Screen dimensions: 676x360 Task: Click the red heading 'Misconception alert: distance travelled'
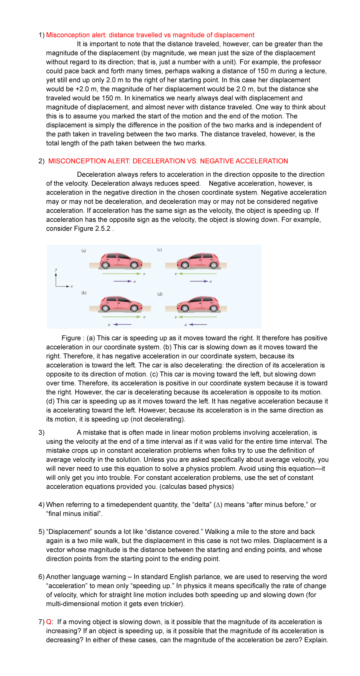(x=150, y=35)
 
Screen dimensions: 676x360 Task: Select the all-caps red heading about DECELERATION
(x=168, y=161)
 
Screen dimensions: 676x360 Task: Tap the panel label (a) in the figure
(x=84, y=251)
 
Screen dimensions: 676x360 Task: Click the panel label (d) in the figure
(x=160, y=294)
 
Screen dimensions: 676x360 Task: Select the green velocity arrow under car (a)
(x=121, y=274)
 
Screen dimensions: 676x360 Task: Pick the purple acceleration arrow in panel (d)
(x=198, y=324)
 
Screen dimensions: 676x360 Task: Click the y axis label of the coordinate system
(x=56, y=270)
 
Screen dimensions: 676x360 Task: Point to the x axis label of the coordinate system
(x=72, y=287)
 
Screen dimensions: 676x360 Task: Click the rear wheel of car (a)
(x=105, y=265)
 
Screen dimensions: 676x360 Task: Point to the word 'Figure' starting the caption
(x=71, y=338)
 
